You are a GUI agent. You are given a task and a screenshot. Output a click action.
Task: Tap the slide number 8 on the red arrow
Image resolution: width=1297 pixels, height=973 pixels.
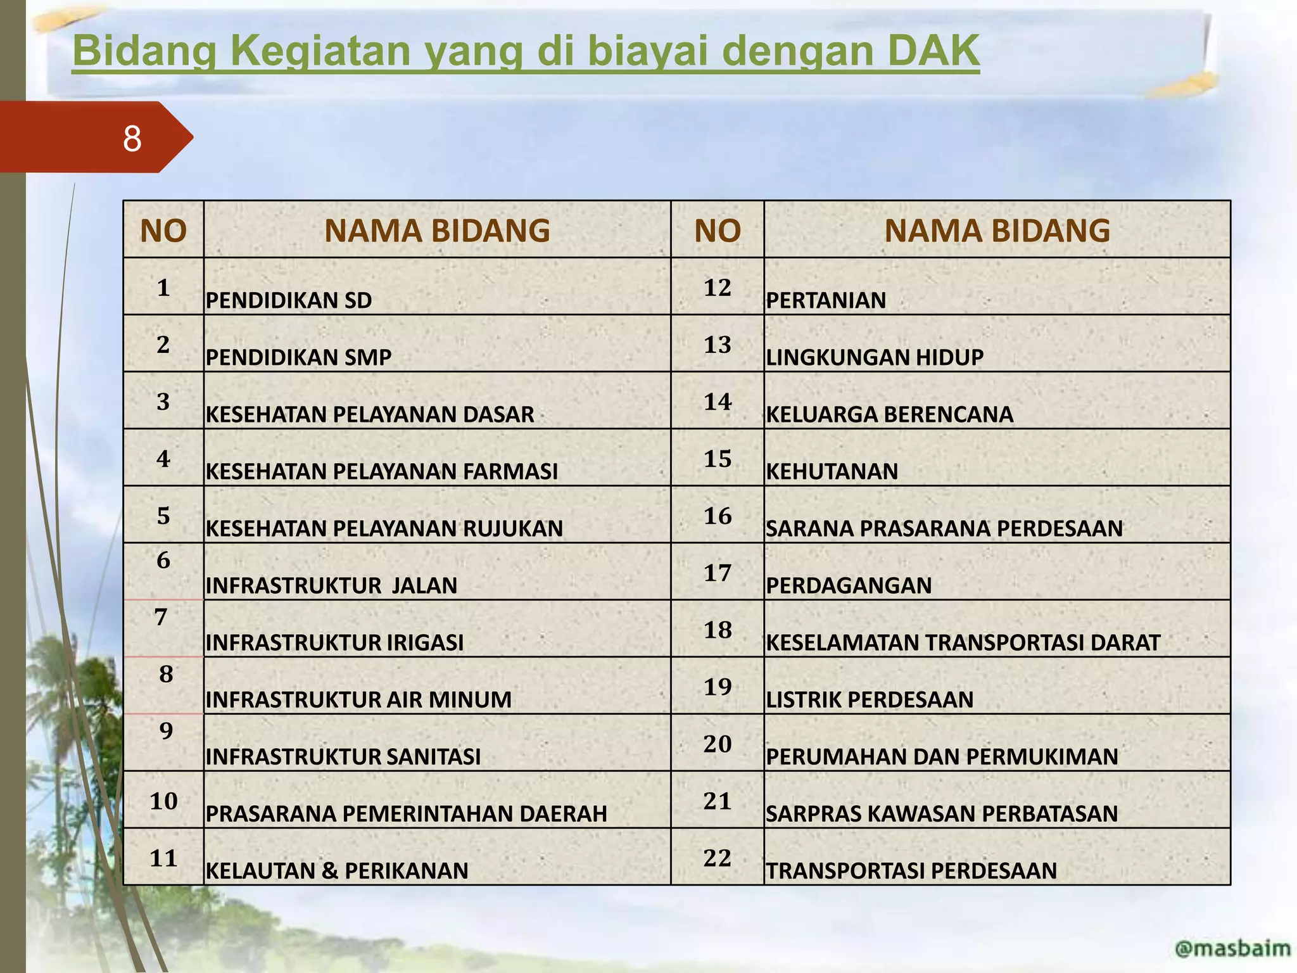[x=132, y=138]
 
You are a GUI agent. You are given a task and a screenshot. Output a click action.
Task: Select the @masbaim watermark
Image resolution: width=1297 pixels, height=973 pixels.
[x=1232, y=948]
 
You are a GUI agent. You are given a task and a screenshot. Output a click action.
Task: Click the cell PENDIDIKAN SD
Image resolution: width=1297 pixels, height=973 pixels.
[x=289, y=300]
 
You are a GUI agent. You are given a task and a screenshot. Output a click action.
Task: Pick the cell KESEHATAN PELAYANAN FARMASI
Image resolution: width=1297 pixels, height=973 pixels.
[x=382, y=471]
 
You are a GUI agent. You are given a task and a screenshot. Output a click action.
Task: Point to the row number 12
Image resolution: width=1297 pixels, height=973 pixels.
[x=717, y=288]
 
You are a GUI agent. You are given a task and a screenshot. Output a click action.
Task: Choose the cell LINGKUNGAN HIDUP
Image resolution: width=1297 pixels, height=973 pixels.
[x=875, y=357]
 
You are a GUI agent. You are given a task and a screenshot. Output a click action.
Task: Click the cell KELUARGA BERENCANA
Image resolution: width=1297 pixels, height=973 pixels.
[x=889, y=414]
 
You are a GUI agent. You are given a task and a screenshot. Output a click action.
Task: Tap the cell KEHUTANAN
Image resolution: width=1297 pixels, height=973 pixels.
[x=832, y=471]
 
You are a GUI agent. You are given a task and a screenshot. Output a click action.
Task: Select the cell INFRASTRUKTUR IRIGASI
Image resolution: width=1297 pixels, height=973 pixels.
[x=334, y=642]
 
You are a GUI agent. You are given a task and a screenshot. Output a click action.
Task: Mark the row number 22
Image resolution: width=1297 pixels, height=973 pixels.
[x=717, y=858]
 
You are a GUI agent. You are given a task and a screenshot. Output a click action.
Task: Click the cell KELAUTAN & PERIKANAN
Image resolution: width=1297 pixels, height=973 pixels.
[x=337, y=870]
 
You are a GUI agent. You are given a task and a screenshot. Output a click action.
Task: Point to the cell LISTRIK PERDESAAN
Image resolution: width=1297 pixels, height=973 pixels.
[x=870, y=699]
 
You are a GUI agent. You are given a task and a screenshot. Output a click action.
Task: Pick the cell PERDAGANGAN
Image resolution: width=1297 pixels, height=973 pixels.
[x=849, y=585]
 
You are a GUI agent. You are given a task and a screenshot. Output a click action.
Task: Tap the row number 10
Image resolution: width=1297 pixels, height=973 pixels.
[x=163, y=801]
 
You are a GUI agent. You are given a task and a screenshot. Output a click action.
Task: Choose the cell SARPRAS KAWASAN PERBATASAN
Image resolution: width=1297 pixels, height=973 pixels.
[x=942, y=813]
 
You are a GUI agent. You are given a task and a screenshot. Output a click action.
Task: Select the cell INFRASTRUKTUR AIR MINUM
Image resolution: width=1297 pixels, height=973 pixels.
[x=358, y=699]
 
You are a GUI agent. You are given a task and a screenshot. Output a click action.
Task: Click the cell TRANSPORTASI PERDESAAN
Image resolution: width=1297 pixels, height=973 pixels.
[x=911, y=870]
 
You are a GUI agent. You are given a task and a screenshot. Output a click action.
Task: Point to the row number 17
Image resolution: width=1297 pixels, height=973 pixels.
[x=717, y=573]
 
